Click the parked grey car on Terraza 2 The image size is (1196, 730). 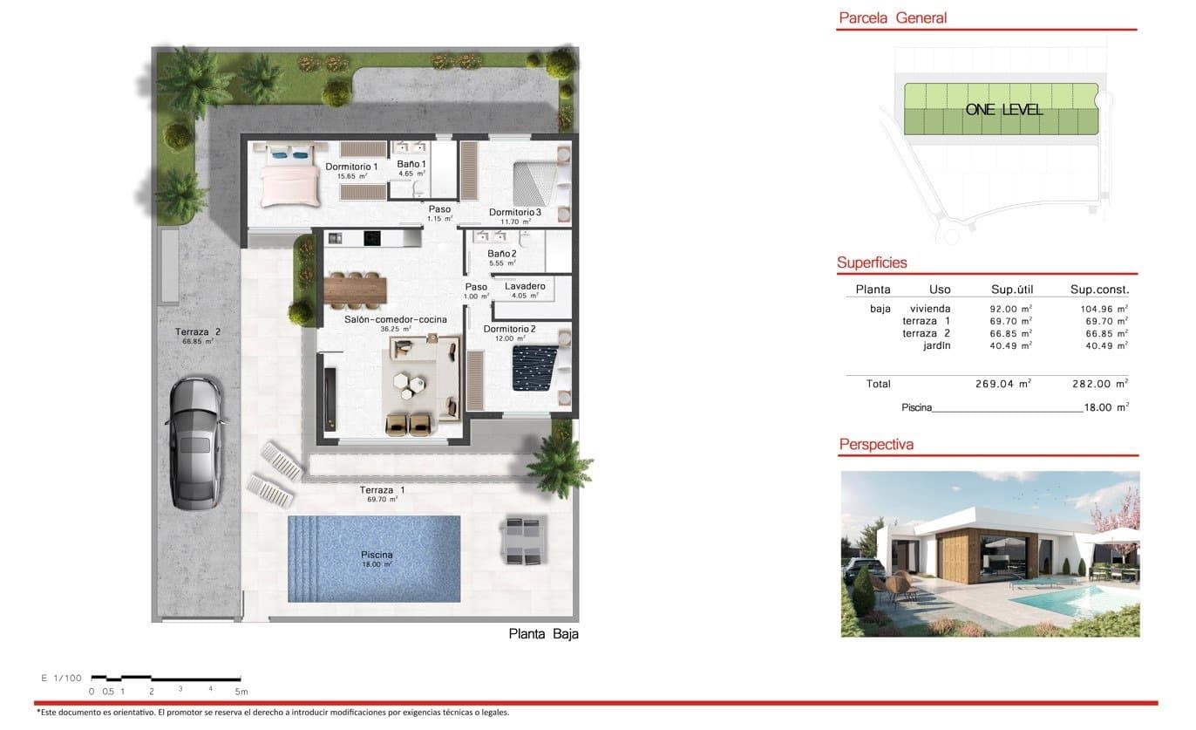click(195, 443)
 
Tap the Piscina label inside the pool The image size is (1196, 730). click(377, 555)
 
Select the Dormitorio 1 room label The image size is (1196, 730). click(351, 167)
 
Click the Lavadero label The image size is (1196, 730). click(525, 286)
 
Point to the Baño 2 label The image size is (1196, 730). click(502, 254)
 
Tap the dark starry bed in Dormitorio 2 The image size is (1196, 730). click(533, 366)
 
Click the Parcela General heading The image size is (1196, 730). click(892, 17)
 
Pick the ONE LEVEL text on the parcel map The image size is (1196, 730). click(1003, 110)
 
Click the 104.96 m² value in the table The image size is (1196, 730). click(1098, 309)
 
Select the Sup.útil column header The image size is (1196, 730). click(1011, 290)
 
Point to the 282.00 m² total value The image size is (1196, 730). click(1099, 383)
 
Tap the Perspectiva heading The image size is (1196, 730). click(876, 445)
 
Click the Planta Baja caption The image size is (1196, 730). click(543, 634)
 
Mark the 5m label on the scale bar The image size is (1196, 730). click(241, 691)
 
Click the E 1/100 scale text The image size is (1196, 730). click(60, 678)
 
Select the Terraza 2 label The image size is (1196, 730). click(197, 331)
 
